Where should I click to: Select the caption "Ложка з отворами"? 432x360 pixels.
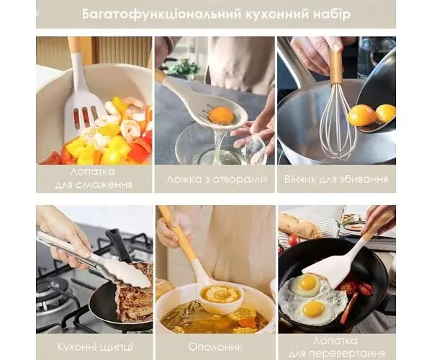click(217, 179)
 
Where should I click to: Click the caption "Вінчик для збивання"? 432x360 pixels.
click(336, 179)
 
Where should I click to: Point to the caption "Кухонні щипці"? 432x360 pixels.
click(95, 347)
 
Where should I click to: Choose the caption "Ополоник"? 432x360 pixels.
click(215, 347)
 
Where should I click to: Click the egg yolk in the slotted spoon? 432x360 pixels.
click(221, 114)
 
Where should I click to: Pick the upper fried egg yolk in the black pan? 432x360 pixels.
click(307, 282)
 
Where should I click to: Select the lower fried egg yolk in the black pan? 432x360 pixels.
click(312, 308)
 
